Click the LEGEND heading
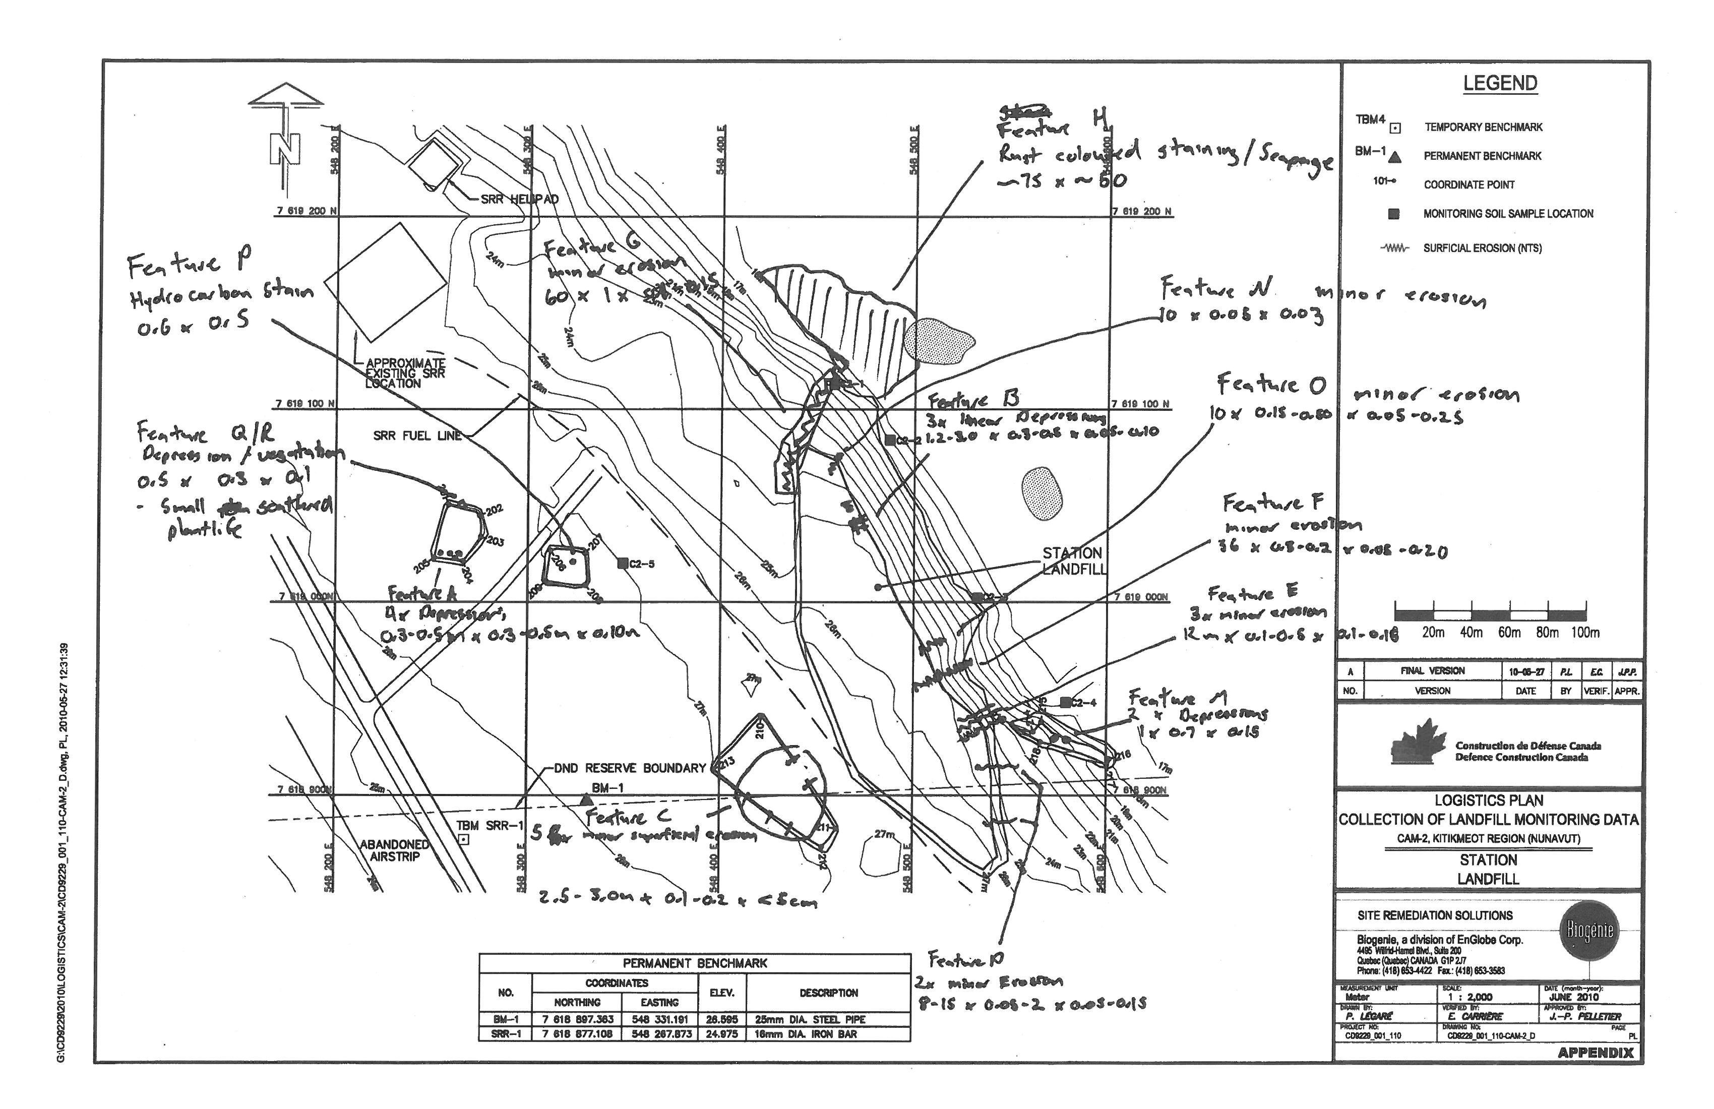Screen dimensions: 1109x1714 click(x=1499, y=84)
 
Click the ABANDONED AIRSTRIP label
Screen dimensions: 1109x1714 click(x=395, y=850)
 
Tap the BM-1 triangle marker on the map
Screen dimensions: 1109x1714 click(x=586, y=799)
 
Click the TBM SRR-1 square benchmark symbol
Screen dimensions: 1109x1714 click(x=464, y=839)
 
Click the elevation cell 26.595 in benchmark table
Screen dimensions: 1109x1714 click(x=721, y=1020)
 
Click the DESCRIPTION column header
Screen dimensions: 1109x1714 click(x=828, y=993)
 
